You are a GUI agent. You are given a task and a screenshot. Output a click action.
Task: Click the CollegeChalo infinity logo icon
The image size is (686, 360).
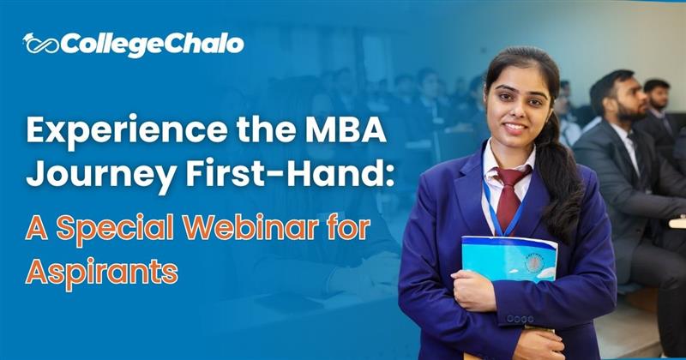click(41, 44)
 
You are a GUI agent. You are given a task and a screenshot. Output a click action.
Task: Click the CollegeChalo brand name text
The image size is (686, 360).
click(153, 44)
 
